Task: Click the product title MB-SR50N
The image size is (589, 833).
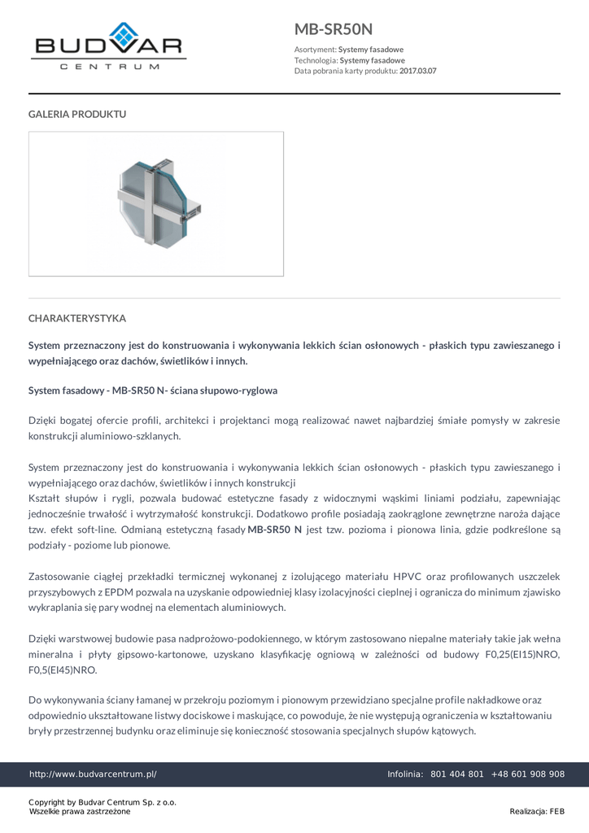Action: pyautogui.click(x=334, y=29)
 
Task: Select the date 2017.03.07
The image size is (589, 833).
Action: pyautogui.click(x=417, y=71)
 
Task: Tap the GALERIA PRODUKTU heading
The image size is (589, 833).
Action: pyautogui.click(x=77, y=114)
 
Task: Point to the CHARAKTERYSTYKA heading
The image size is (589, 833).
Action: pyautogui.click(x=77, y=318)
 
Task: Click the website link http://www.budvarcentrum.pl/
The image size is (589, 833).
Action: pyautogui.click(x=93, y=774)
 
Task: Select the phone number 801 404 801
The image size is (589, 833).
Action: pyautogui.click(x=456, y=774)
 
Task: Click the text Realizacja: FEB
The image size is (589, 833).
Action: pyautogui.click(x=537, y=811)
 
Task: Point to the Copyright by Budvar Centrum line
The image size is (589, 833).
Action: pyautogui.click(x=103, y=802)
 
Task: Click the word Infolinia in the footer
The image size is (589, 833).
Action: pyautogui.click(x=404, y=774)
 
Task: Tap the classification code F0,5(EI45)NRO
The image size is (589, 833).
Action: pyautogui.click(x=63, y=670)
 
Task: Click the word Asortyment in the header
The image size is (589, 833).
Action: pyautogui.click(x=315, y=50)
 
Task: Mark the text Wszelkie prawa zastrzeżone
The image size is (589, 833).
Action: pyautogui.click(x=80, y=812)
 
